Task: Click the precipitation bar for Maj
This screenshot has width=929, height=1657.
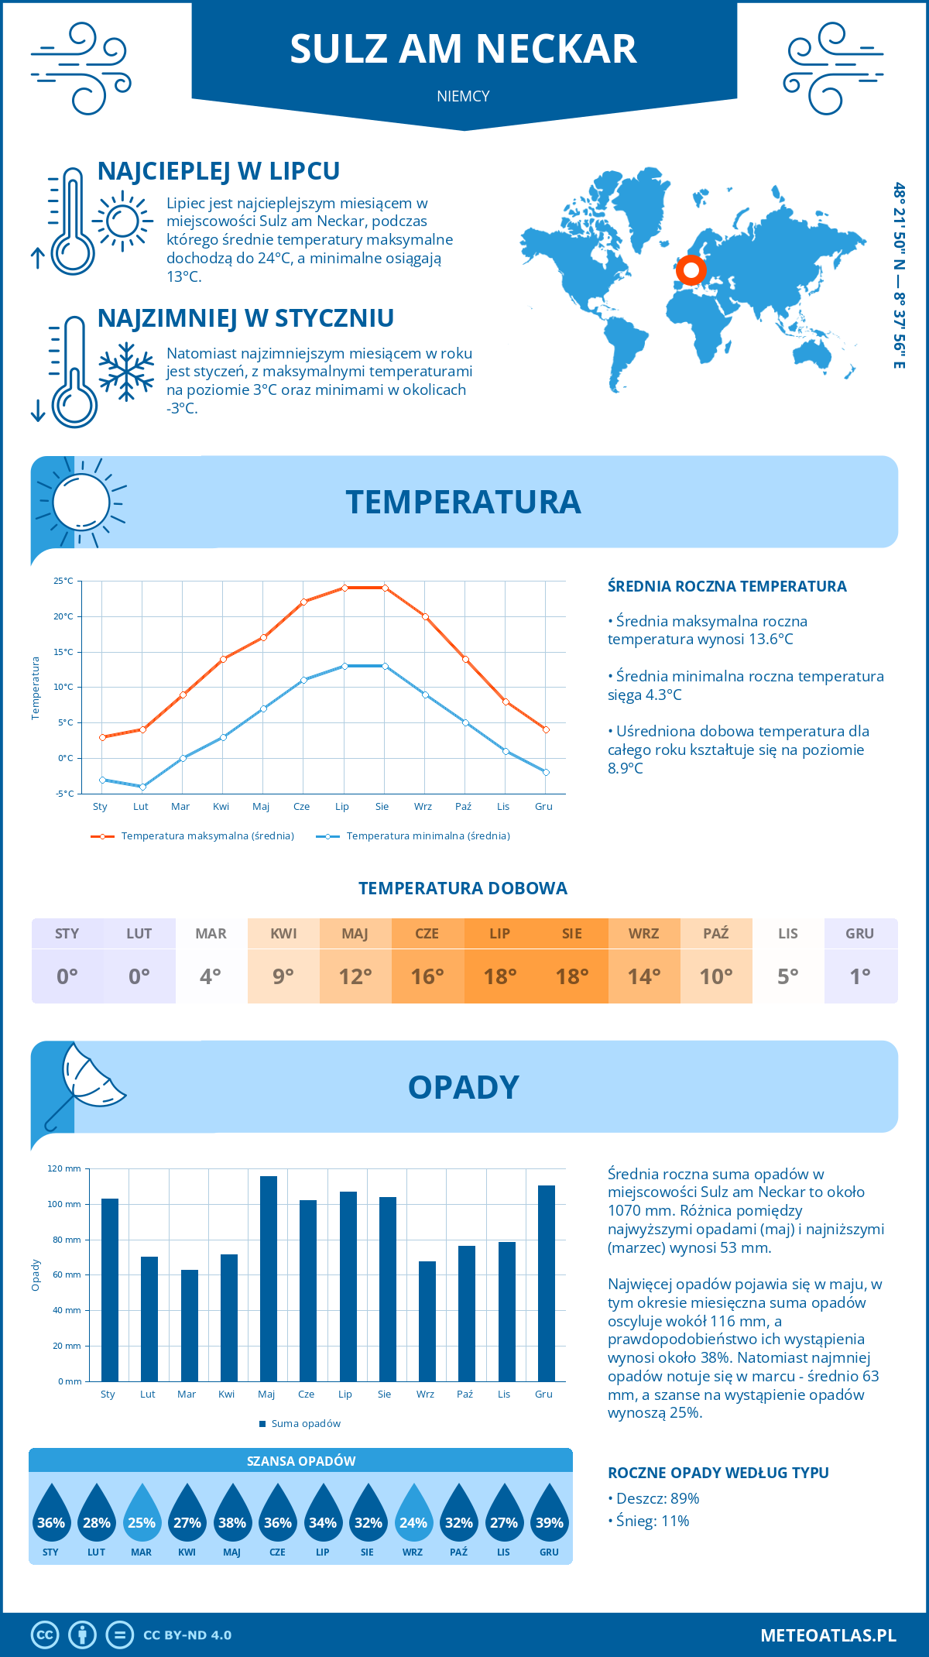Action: click(268, 1278)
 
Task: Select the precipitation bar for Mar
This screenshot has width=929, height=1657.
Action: click(189, 1325)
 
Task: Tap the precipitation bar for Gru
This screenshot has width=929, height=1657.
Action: click(547, 1283)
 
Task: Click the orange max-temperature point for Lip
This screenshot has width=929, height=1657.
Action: click(345, 588)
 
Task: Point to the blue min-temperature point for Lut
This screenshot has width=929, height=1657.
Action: click(142, 787)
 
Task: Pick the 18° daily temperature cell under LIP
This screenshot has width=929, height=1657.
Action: click(500, 976)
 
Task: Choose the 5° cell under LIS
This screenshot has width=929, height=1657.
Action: click(787, 976)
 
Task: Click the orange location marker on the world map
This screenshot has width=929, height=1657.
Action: click(691, 271)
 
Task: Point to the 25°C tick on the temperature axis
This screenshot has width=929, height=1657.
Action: click(63, 581)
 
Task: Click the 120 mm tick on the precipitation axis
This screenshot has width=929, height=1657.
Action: click(64, 1168)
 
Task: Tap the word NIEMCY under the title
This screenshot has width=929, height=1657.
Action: click(463, 96)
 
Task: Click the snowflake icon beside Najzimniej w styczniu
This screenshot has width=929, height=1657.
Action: click(126, 372)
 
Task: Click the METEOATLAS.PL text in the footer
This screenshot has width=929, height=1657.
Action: click(828, 1635)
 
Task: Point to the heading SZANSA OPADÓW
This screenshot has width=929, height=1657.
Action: click(301, 1461)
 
